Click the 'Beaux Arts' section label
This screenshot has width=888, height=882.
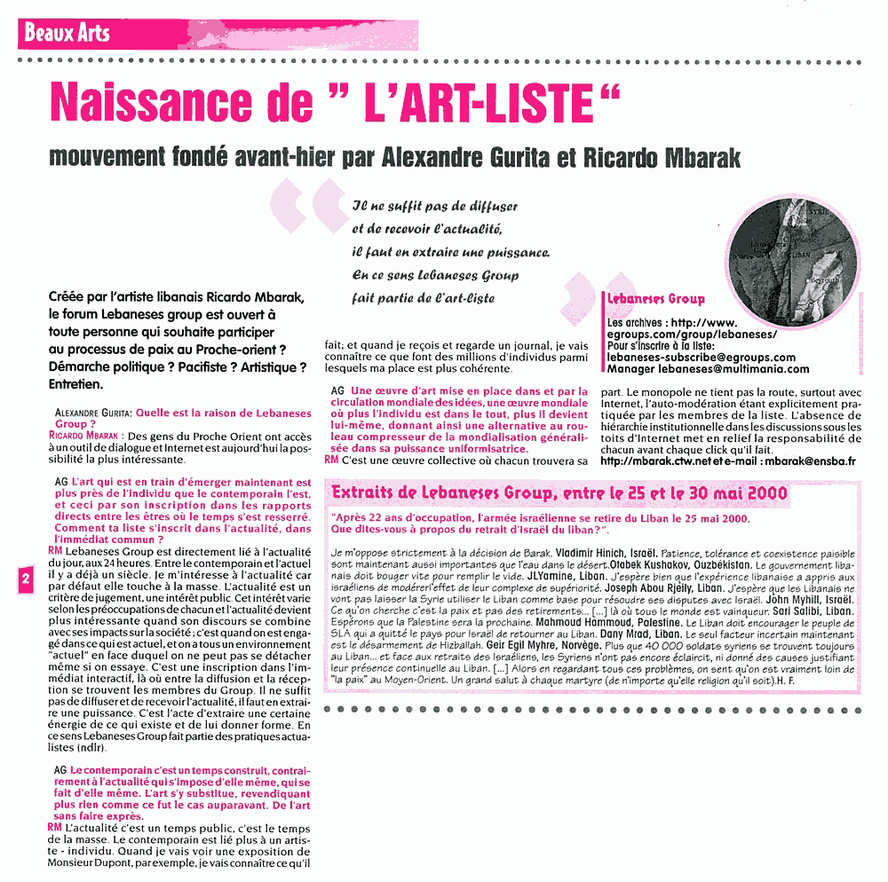point(67,34)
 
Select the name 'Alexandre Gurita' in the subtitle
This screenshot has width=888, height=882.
point(458,159)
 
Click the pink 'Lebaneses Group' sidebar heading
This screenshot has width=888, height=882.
point(654,299)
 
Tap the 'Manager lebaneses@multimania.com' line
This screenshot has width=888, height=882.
point(708,369)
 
